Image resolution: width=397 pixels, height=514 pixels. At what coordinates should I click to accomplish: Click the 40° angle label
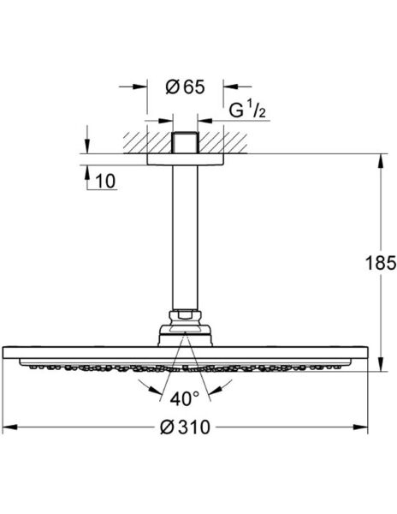coord(184,398)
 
